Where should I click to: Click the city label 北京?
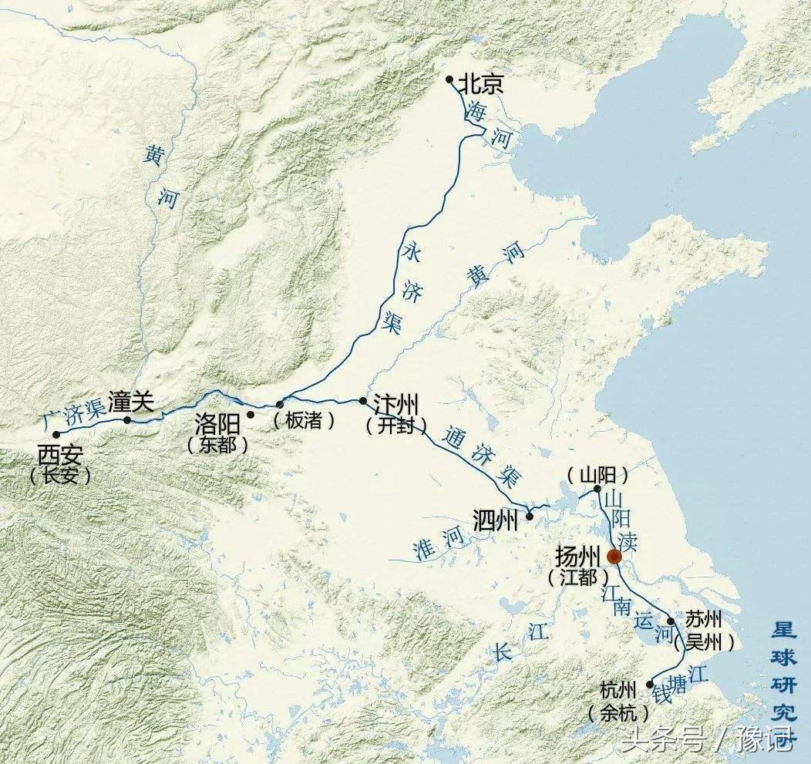[481, 83]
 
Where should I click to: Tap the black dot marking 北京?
[449, 79]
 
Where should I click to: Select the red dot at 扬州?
[614, 557]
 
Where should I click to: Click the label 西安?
[59, 453]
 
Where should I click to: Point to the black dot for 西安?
[56, 435]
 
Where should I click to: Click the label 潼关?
[132, 402]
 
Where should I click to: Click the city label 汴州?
[396, 406]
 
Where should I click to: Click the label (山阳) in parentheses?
[598, 473]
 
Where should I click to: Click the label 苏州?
[701, 621]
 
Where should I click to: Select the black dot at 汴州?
[363, 401]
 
